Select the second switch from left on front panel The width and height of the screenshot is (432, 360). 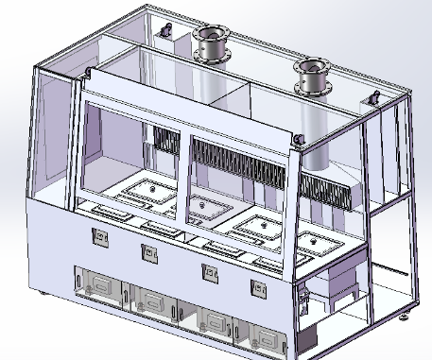[147, 252]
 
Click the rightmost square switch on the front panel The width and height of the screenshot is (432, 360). [256, 287]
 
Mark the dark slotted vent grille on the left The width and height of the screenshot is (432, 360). [166, 142]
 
